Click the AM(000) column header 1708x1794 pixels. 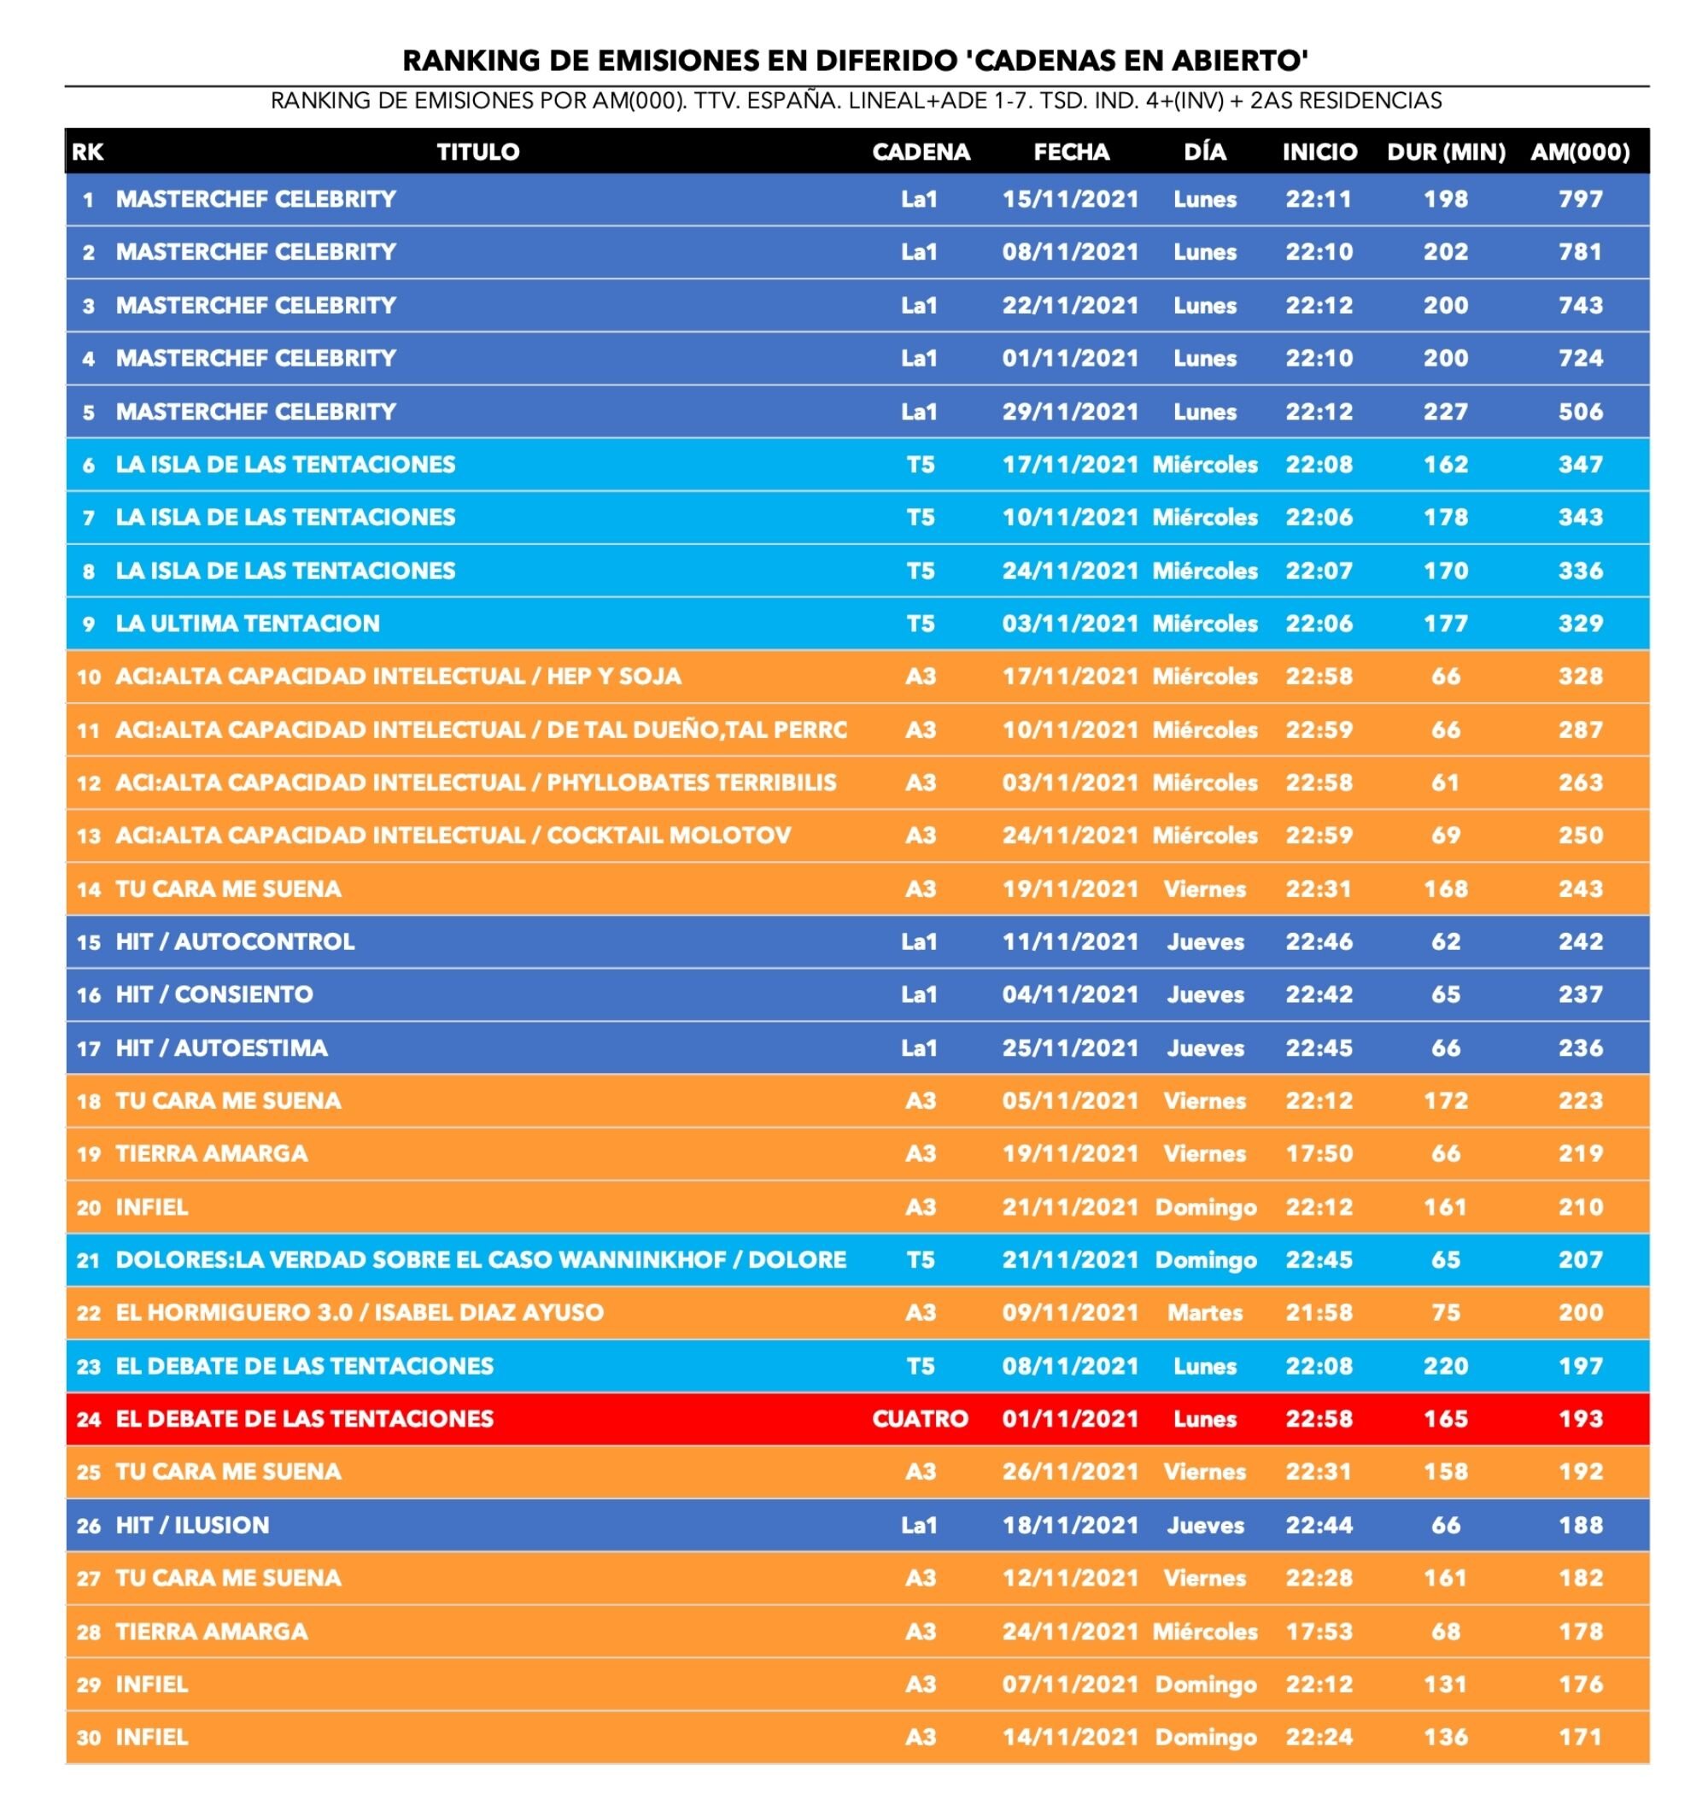[x=1580, y=152]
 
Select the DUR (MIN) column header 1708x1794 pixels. [x=1446, y=152]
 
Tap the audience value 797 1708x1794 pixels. [x=1580, y=199]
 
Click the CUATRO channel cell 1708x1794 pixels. [x=920, y=1419]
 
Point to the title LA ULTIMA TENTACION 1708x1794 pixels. [x=248, y=624]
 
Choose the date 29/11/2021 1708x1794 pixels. [x=1070, y=412]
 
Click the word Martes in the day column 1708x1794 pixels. [x=1204, y=1312]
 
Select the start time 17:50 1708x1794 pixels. [x=1319, y=1154]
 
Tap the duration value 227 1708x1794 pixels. [x=1446, y=412]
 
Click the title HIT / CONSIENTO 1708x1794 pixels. [x=214, y=994]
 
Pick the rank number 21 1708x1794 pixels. [x=88, y=1260]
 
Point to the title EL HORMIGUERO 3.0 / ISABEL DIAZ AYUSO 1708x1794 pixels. [x=360, y=1312]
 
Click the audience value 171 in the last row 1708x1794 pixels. [x=1580, y=1738]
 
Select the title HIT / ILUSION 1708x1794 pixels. [x=192, y=1526]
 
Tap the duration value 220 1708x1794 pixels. [x=1446, y=1366]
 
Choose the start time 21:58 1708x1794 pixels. [x=1319, y=1312]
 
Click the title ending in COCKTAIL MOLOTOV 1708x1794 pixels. [x=453, y=836]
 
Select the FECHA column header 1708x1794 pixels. [x=1071, y=152]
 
